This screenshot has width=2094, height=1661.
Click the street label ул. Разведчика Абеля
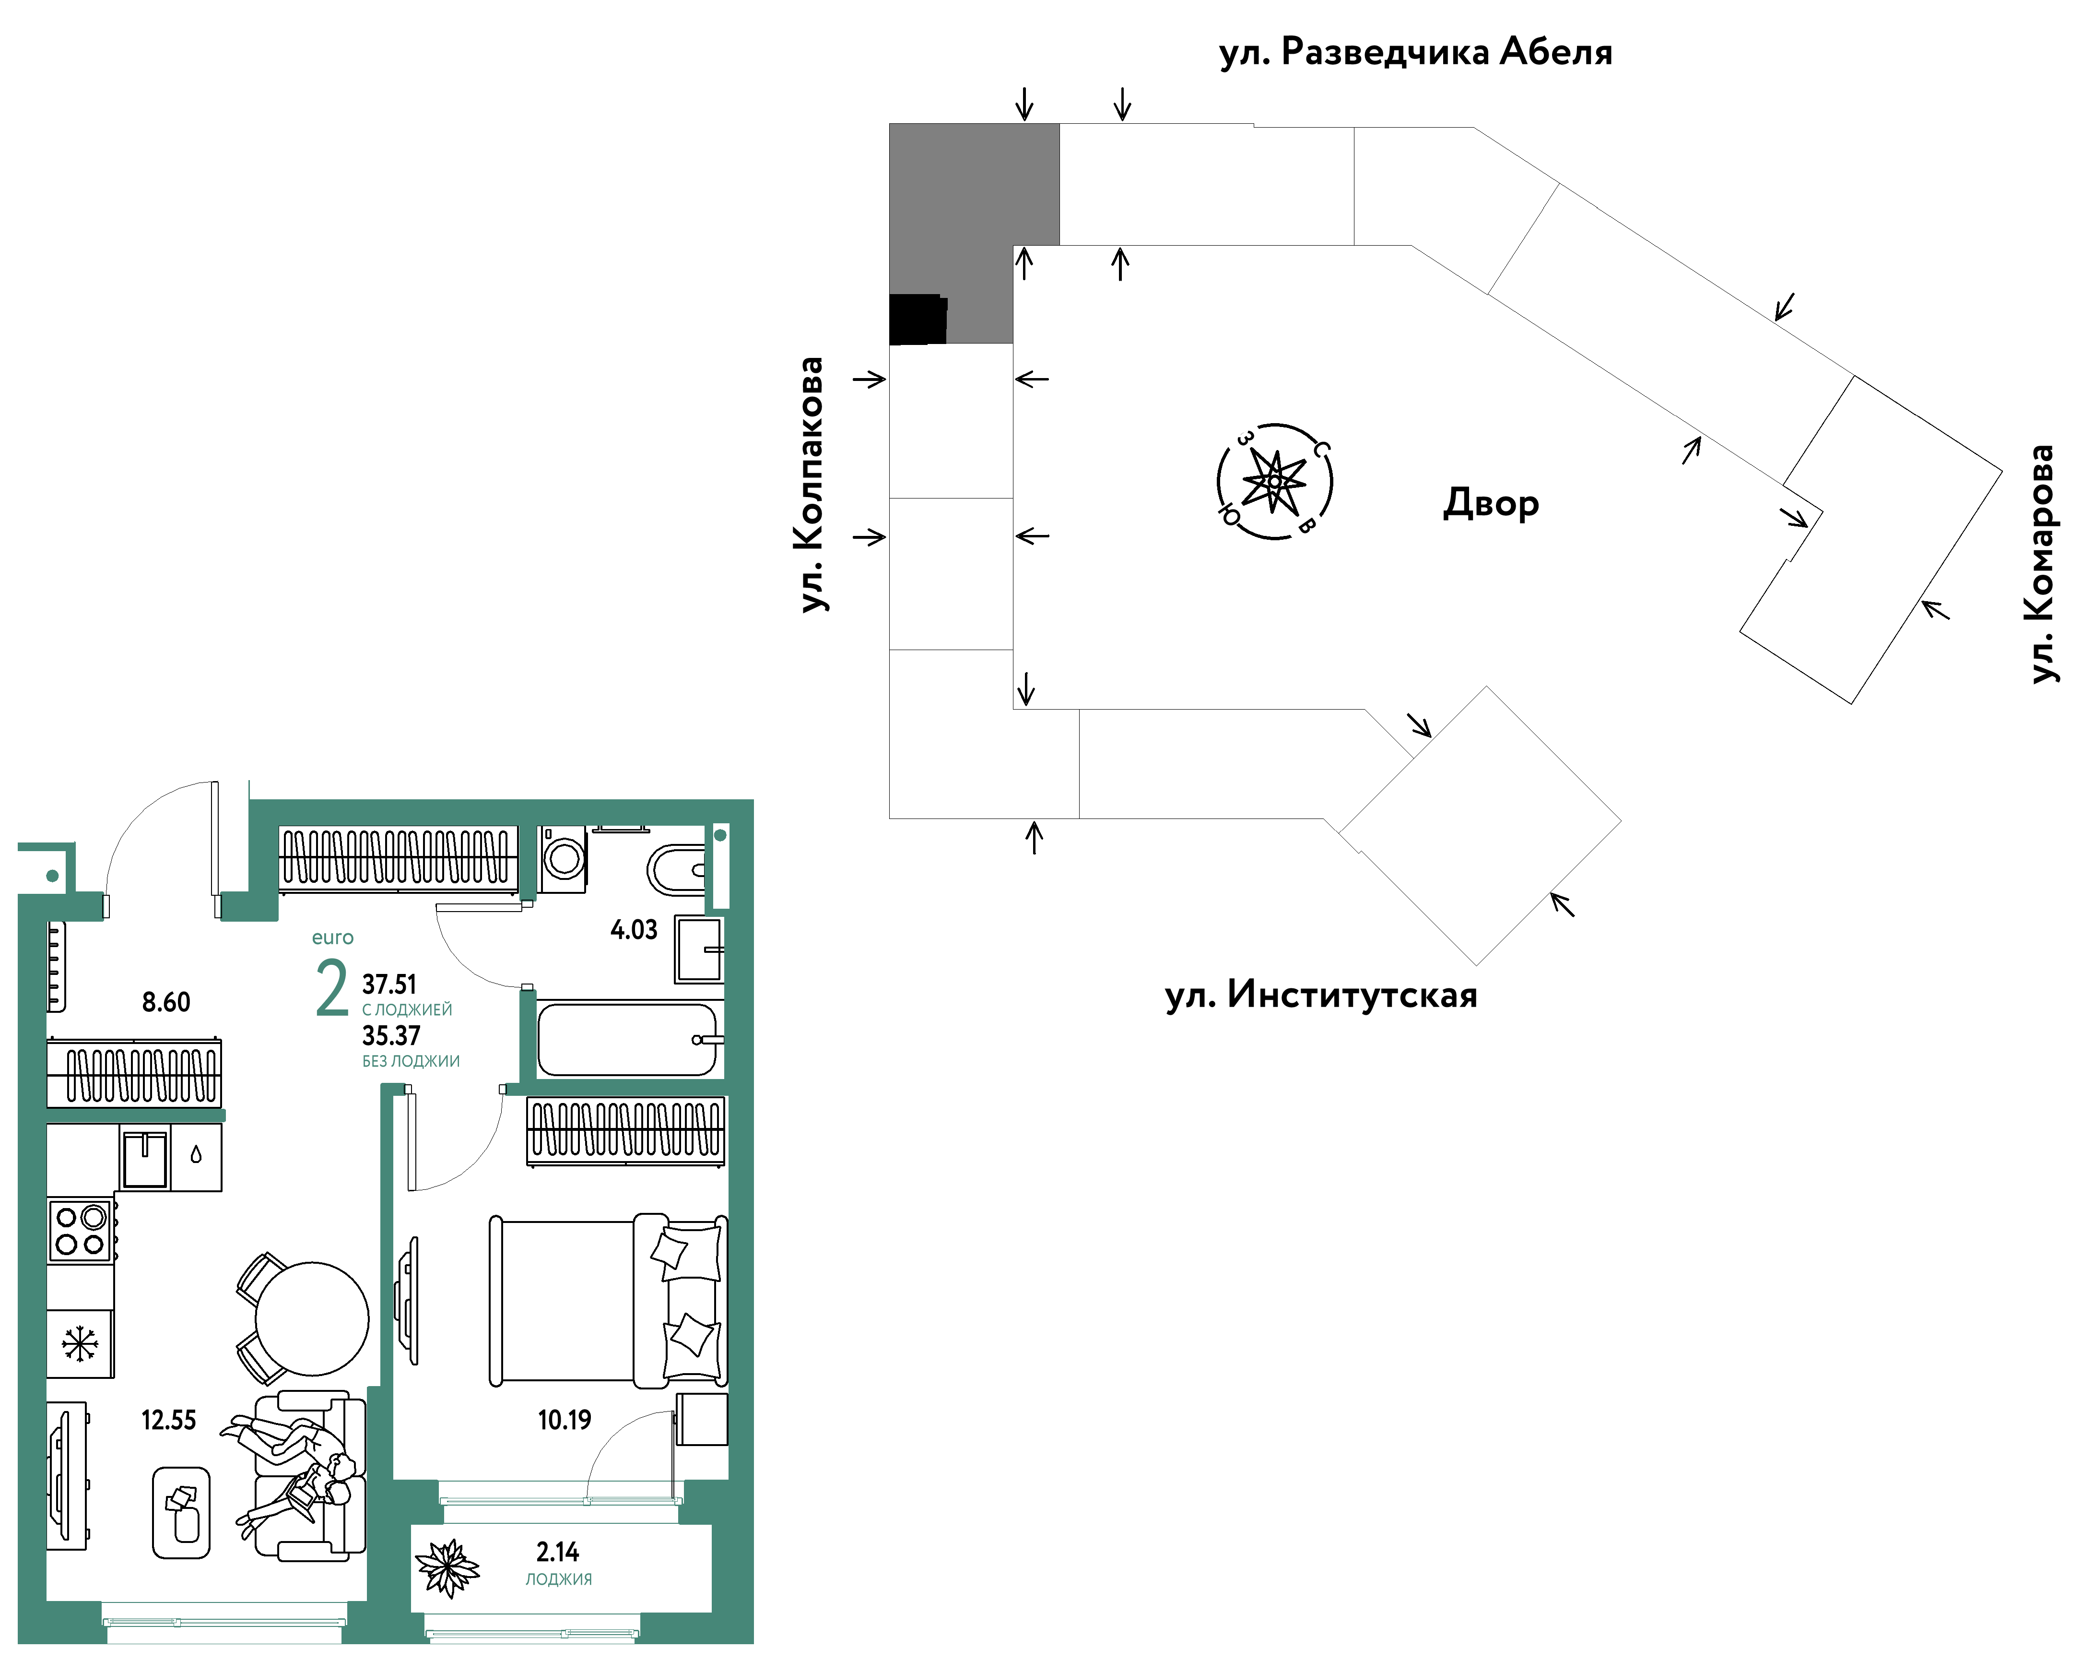pyautogui.click(x=1415, y=51)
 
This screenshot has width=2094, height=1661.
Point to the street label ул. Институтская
pyautogui.click(x=1321, y=995)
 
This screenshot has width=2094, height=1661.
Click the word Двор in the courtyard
pyautogui.click(x=1491, y=503)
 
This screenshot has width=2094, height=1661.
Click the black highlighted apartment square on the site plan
pyautogui.click(x=918, y=320)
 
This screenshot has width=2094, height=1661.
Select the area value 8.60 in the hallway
pyautogui.click(x=166, y=1001)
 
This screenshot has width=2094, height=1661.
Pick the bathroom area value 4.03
pyautogui.click(x=633, y=930)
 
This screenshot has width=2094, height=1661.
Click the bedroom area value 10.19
pyautogui.click(x=565, y=1420)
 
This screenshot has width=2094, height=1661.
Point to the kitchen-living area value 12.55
pyautogui.click(x=168, y=1420)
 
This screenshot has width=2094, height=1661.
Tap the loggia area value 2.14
pyautogui.click(x=557, y=1552)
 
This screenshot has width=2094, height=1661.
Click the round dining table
pyautogui.click(x=312, y=1318)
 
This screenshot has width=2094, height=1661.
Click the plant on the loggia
pyautogui.click(x=448, y=1568)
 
